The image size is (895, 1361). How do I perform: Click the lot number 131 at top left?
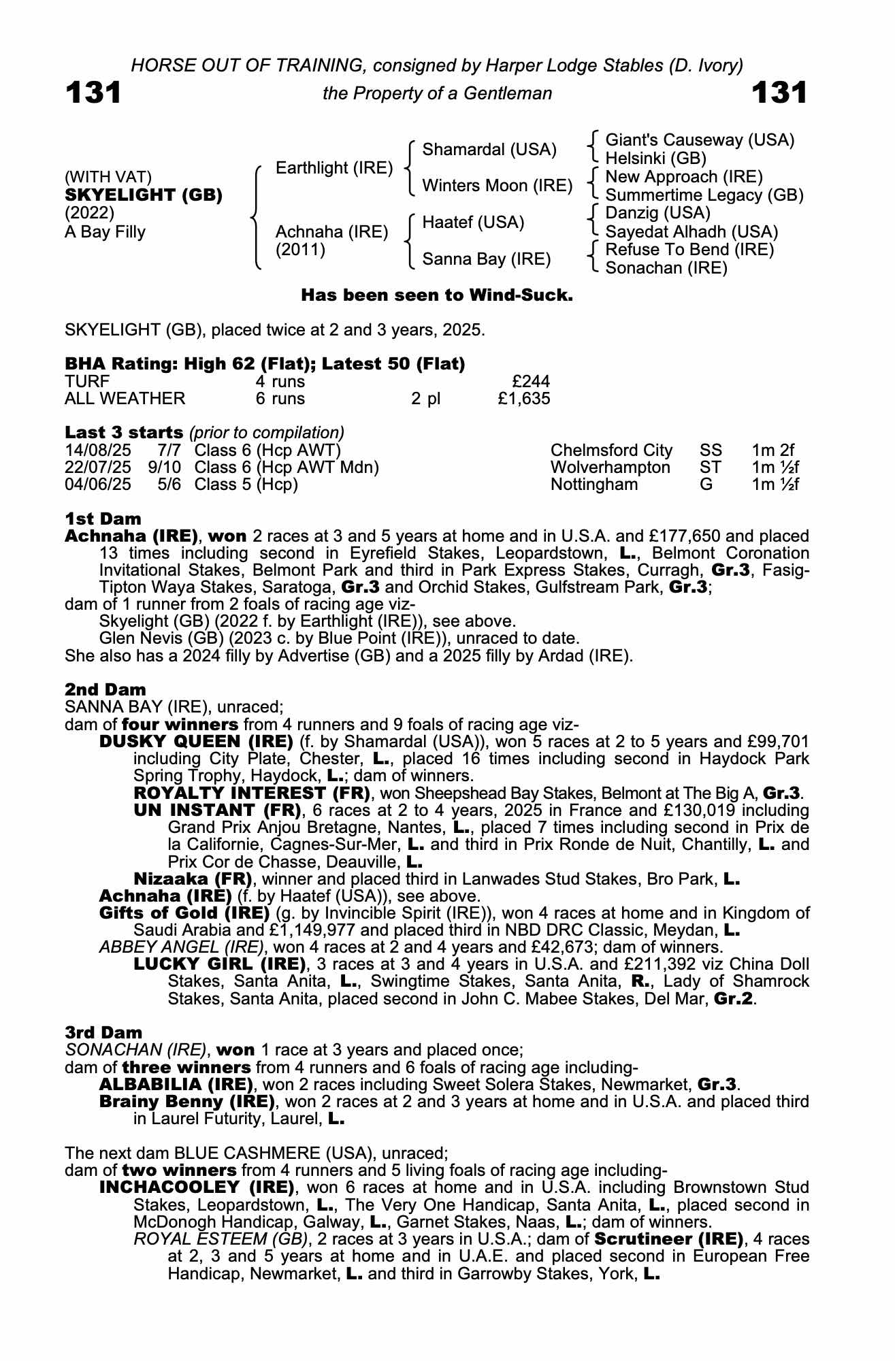tap(93, 93)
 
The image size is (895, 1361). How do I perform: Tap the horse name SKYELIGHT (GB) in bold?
tap(144, 195)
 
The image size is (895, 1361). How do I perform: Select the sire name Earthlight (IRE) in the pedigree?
tap(334, 167)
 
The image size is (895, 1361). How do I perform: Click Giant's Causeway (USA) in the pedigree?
tap(700, 140)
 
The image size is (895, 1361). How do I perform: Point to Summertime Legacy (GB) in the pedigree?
tap(704, 195)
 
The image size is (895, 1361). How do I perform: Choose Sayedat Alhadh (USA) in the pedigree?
tap(691, 232)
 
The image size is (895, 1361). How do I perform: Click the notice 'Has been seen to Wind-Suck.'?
tap(436, 295)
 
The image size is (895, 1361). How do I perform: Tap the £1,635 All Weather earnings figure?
tap(523, 399)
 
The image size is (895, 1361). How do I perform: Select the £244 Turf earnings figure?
tap(532, 381)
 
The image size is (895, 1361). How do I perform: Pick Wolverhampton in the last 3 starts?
tap(610, 468)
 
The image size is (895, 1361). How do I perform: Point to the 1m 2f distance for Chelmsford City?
tap(772, 450)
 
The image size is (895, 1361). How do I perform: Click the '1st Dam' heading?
tap(103, 519)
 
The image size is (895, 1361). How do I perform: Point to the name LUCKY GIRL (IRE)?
tap(219, 964)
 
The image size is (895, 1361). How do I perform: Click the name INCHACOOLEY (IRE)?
tap(197, 1187)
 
